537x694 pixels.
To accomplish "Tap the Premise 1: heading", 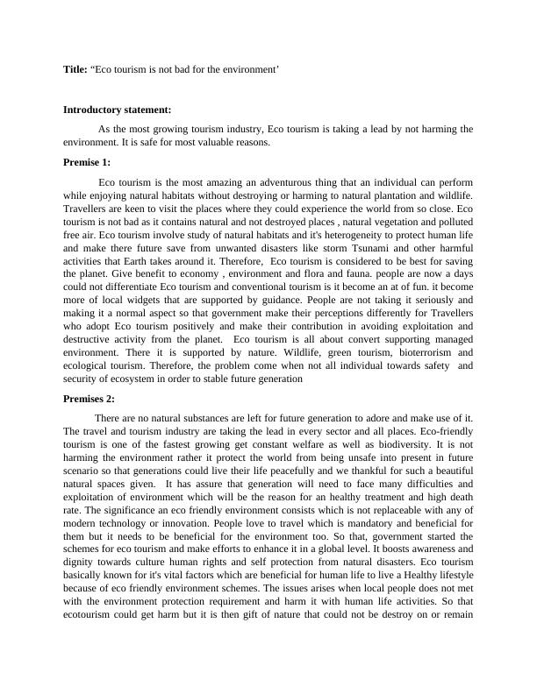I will (87, 161).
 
